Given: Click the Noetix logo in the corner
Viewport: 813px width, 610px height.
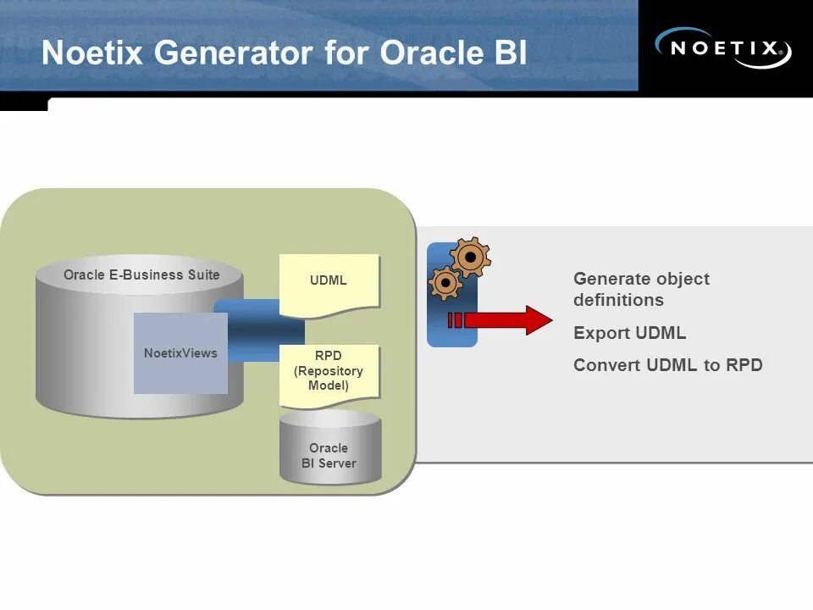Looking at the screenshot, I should point(724,47).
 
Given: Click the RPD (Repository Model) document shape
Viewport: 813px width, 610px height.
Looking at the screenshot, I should point(329,372).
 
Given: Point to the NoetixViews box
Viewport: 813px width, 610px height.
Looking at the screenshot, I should point(180,353).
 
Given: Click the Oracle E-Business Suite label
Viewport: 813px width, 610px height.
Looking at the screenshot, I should point(141,274).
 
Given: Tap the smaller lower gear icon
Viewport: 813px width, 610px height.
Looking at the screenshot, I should point(445,282).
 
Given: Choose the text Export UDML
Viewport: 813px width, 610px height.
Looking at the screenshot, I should point(629,333).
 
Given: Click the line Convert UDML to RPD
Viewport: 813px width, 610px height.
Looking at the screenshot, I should point(667,365).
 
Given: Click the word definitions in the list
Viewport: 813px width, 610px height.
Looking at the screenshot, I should point(618,300).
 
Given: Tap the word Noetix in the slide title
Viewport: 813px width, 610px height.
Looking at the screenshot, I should point(92,53).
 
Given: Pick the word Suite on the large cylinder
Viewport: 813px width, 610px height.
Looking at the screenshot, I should point(202,274).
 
